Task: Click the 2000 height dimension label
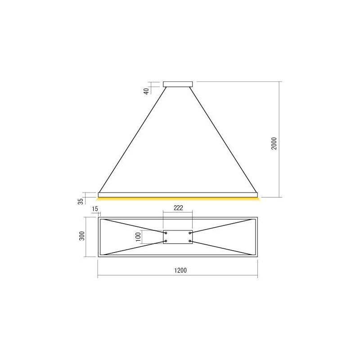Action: pyautogui.click(x=274, y=144)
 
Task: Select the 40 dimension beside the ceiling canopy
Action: pyautogui.click(x=146, y=91)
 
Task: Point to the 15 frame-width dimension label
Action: pyautogui.click(x=94, y=209)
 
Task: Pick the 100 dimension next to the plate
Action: pyautogui.click(x=138, y=237)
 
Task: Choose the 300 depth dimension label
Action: pyautogui.click(x=81, y=237)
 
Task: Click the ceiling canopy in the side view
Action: pyautogui.click(x=178, y=83)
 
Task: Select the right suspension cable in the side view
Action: pyautogui.click(x=224, y=139)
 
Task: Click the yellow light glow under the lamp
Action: pyautogui.click(x=178, y=199)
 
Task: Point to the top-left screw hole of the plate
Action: pyautogui.click(x=166, y=233)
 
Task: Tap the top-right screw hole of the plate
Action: pyautogui.click(x=190, y=233)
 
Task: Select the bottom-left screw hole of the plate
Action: pyautogui.click(x=166, y=241)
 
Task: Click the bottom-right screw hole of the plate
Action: pyautogui.click(x=190, y=241)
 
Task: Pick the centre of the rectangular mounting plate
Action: pyautogui.click(x=178, y=237)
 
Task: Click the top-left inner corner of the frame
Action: pyautogui.click(x=101, y=219)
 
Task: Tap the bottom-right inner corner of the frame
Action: pyautogui.click(x=255, y=255)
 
